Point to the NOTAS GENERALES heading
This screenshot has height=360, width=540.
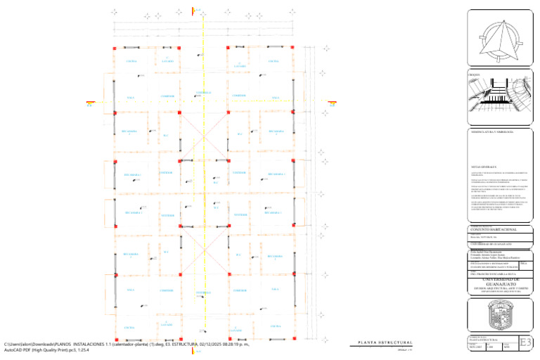(483, 167)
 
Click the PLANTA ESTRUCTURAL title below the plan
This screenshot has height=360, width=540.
(380, 342)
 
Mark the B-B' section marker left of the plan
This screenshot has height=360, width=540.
(89, 103)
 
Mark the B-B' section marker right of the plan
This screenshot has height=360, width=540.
(333, 103)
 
